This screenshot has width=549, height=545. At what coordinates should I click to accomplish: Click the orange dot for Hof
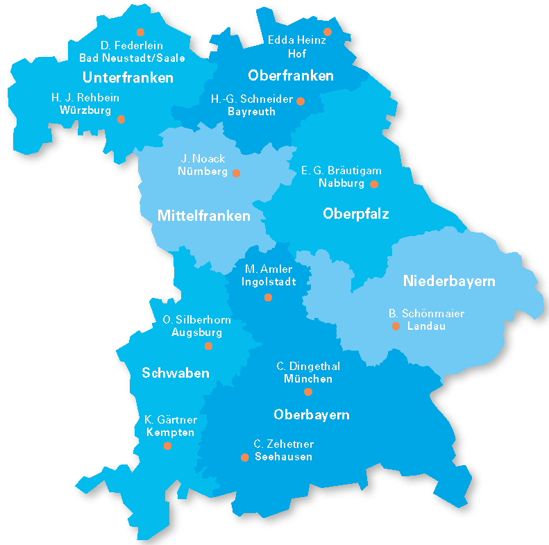coord(328,32)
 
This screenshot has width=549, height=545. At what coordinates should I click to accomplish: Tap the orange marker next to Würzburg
coord(121,119)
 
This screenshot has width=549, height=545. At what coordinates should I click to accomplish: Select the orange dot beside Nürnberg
coord(236,173)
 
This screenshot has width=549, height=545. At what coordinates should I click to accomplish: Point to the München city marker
coord(308,392)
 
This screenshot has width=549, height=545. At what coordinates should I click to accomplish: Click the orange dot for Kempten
coord(167,446)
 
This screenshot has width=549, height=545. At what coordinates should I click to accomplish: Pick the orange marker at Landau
coord(396,326)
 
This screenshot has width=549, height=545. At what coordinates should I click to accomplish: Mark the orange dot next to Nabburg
coord(374,184)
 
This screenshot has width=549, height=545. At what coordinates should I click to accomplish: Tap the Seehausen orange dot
coord(244,457)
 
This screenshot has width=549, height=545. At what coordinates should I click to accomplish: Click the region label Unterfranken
coord(128,77)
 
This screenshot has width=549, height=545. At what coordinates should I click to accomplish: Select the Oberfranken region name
coord(291,76)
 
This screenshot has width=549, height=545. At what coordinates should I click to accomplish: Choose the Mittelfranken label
coord(203,216)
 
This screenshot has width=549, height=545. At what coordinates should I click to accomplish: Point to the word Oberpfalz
coord(355,214)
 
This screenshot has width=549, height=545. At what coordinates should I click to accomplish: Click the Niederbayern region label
coord(449,281)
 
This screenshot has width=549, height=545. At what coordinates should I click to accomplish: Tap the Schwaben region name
coord(176,374)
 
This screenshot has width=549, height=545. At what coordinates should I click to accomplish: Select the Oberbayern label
coord(311,415)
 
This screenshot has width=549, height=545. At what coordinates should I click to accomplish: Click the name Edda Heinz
coord(296,40)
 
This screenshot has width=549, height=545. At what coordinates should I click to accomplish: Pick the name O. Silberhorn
coord(196,320)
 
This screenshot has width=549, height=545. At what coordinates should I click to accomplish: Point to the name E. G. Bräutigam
coord(341,171)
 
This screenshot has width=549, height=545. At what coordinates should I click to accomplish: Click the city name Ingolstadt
coord(269,282)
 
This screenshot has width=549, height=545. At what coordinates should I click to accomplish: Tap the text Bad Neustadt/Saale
coord(132,58)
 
